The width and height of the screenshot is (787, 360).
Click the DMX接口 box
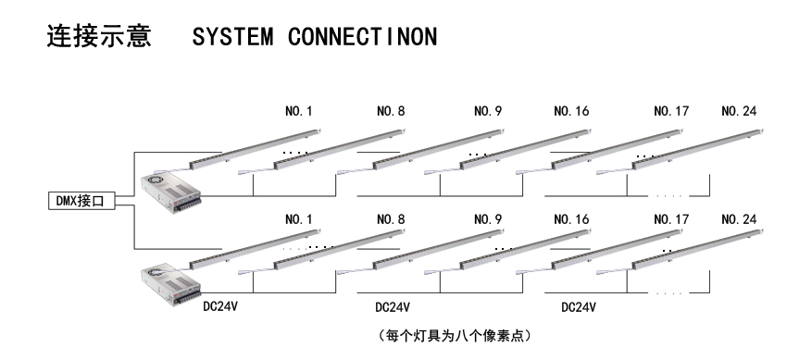tap(81, 201)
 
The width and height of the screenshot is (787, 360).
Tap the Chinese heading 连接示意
tap(98, 40)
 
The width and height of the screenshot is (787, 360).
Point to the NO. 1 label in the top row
tap(299, 112)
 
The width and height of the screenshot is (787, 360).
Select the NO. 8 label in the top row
tap(391, 112)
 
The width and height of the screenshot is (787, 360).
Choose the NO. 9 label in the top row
tap(488, 112)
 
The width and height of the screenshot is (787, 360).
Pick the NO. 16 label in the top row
tap(568, 112)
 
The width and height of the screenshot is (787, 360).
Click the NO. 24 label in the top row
tap(739, 112)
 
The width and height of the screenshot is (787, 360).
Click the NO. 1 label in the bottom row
tap(299, 220)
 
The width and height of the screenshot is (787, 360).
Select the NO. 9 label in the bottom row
tap(488, 220)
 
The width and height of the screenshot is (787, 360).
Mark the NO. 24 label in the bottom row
tap(739, 220)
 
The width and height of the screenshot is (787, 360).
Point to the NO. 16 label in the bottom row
tap(568, 220)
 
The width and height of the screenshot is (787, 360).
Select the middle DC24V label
tap(393, 306)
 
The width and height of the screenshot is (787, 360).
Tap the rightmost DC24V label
tap(579, 306)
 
